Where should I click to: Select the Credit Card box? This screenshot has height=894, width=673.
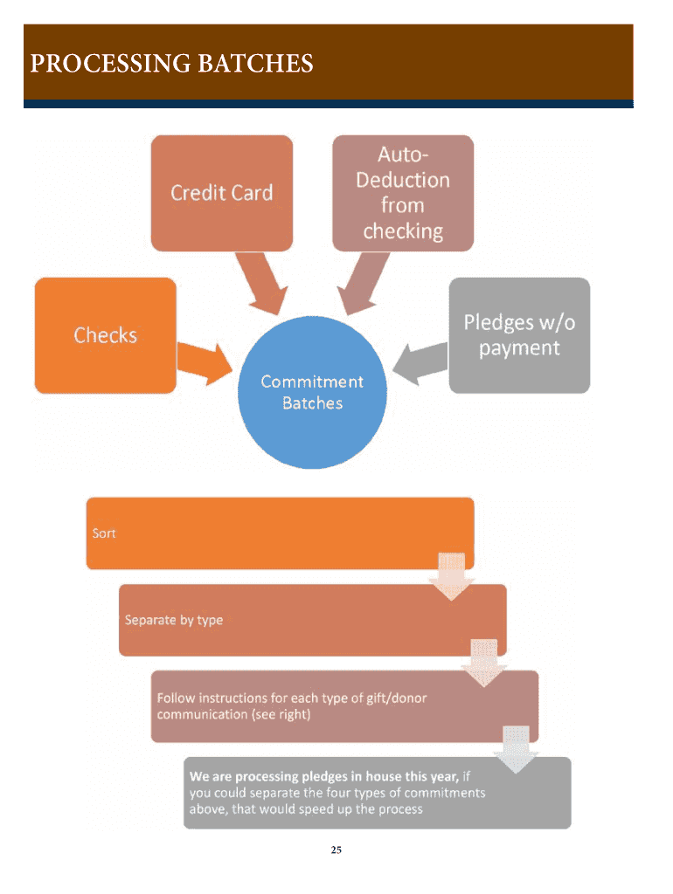(x=221, y=193)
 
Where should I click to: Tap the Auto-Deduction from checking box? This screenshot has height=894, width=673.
(x=403, y=193)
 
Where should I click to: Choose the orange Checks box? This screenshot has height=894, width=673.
(x=105, y=335)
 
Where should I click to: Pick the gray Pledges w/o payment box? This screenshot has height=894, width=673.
(x=519, y=335)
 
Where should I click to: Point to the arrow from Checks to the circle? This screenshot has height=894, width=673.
(x=204, y=361)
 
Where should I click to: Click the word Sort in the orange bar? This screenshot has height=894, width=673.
(x=104, y=533)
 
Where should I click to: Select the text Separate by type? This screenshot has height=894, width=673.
(x=174, y=620)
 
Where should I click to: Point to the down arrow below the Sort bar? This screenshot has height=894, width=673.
(x=452, y=576)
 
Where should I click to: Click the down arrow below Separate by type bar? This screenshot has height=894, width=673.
(x=484, y=663)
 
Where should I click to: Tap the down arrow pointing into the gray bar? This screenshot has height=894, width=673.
(x=517, y=748)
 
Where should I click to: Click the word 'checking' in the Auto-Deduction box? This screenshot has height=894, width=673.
(x=403, y=231)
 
